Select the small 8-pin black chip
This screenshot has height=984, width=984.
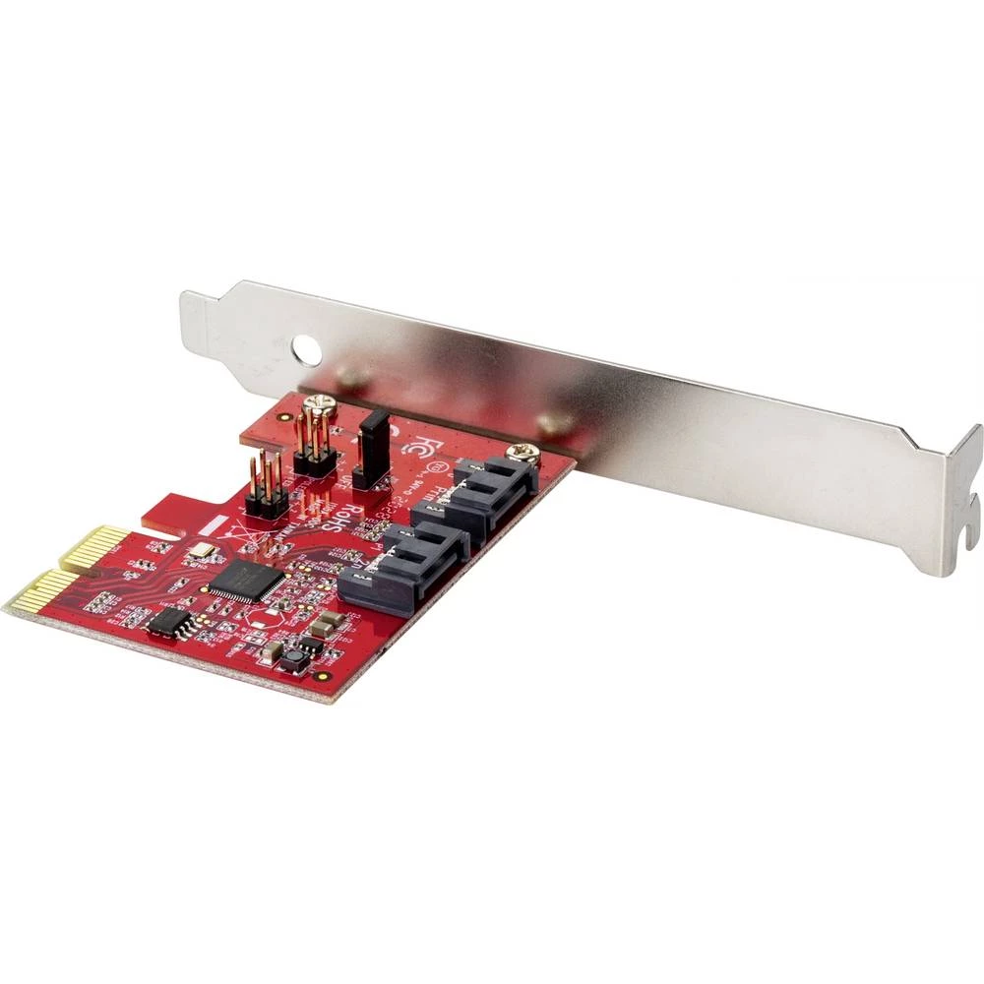click(x=169, y=621)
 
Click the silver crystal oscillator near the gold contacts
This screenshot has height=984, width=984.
click(x=201, y=553)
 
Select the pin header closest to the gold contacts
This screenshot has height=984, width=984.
click(x=266, y=486)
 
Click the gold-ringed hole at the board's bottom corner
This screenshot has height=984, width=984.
click(x=321, y=676)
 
